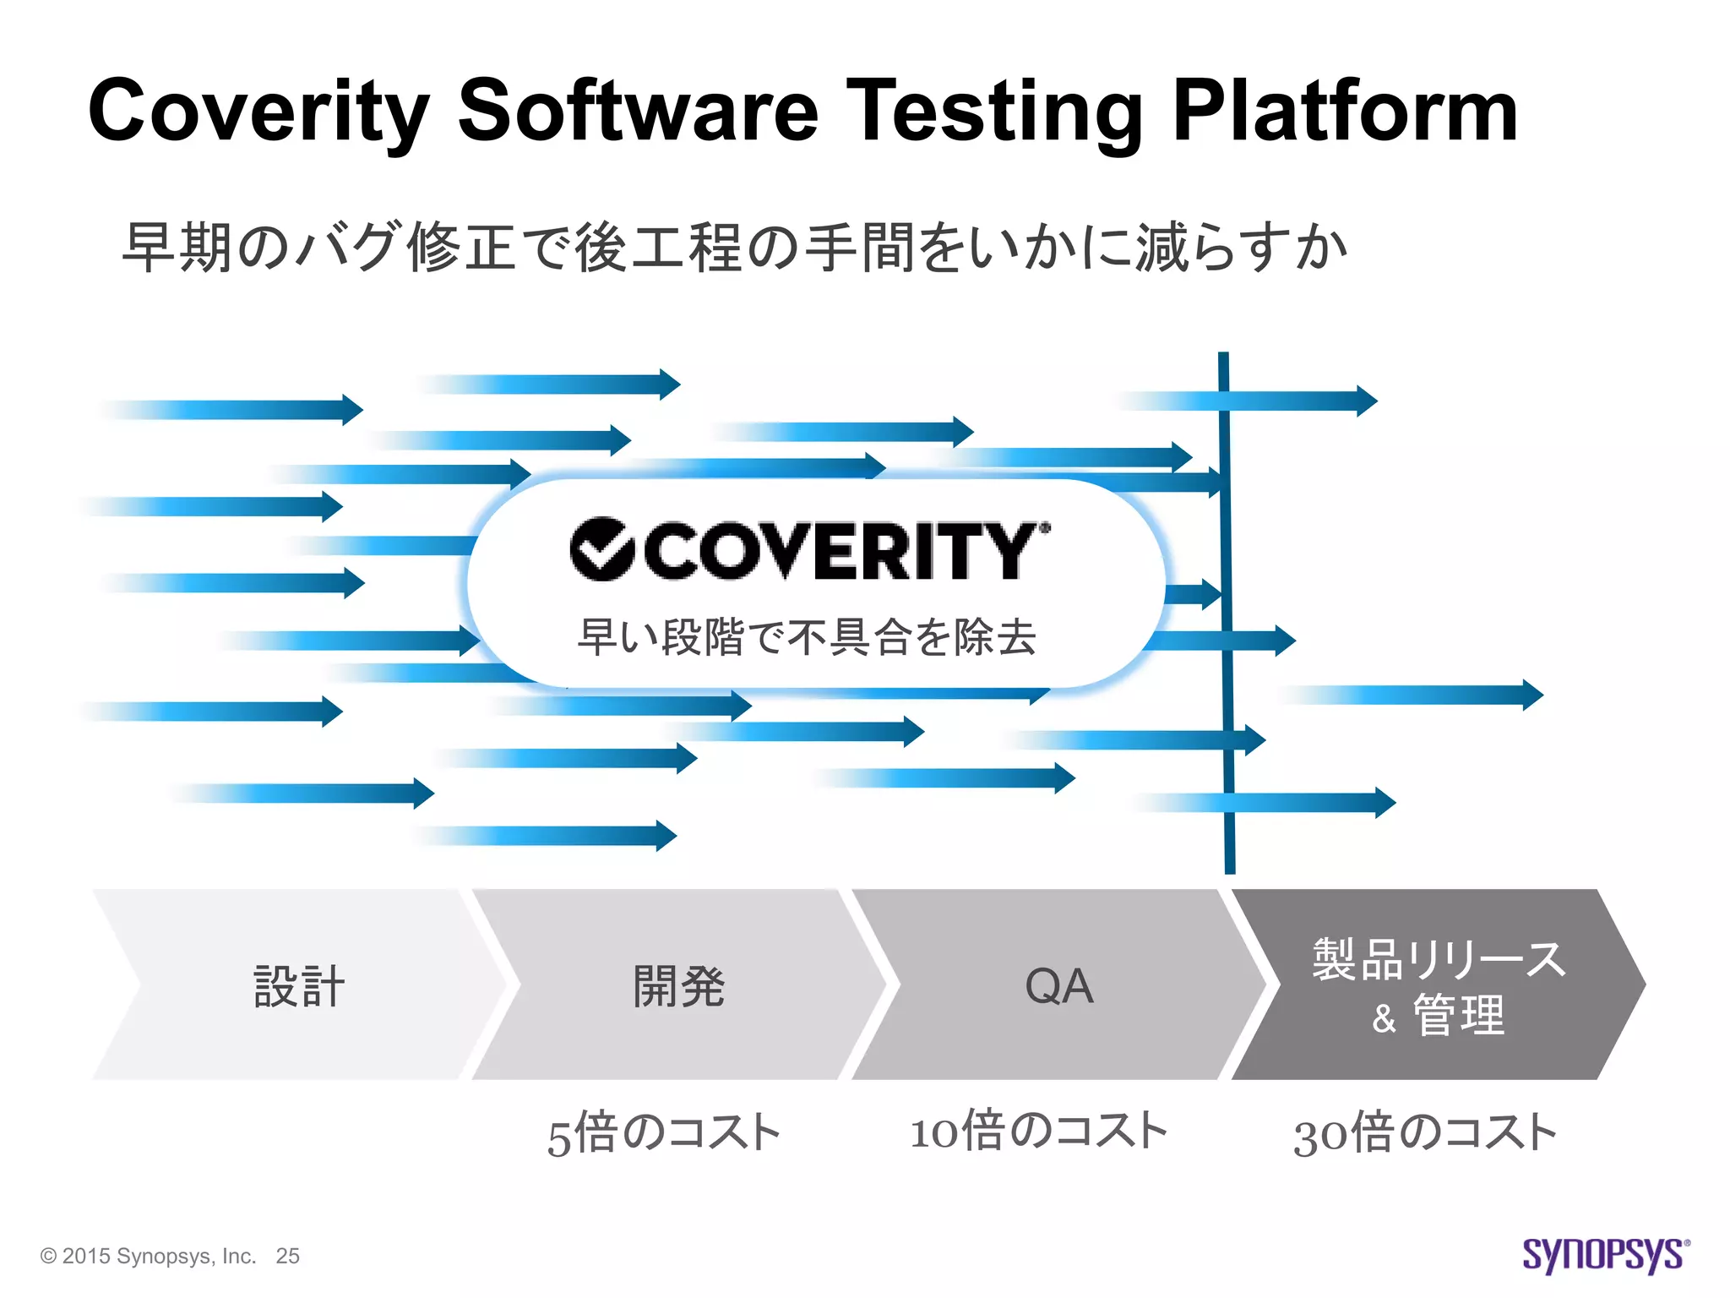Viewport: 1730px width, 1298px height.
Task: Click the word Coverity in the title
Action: pos(258,112)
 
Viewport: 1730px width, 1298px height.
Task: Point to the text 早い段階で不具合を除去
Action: pos(807,637)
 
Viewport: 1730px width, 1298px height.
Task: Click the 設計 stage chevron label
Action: pos(299,985)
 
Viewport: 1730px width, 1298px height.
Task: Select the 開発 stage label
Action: pos(679,985)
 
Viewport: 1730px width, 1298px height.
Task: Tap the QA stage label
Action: pos(1059,985)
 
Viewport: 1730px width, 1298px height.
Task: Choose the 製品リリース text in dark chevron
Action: pos(1439,959)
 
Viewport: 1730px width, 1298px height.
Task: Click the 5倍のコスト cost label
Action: pos(664,1134)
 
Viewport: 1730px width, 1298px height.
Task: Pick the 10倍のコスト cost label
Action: pos(1039,1131)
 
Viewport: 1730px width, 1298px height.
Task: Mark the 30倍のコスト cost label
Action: pos(1425,1134)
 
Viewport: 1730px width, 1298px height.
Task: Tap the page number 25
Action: pos(287,1256)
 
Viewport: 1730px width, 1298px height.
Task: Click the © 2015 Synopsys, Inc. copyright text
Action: pos(148,1256)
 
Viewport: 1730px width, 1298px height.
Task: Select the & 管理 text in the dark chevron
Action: pos(1439,1016)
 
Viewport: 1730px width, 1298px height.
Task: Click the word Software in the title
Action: pos(638,112)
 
